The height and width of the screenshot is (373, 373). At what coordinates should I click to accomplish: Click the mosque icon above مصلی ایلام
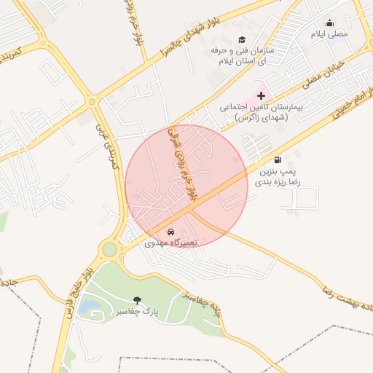(x=329, y=23)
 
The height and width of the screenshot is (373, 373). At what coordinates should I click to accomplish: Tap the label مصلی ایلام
(x=329, y=34)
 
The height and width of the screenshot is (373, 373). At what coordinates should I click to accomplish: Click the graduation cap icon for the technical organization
(x=242, y=40)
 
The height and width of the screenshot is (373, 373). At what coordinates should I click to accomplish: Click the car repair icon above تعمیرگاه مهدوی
(x=170, y=231)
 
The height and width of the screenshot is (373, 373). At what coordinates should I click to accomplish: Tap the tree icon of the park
(x=137, y=300)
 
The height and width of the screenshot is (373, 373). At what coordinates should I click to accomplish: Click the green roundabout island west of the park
(x=109, y=250)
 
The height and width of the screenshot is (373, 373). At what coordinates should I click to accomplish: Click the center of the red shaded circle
(x=186, y=186)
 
